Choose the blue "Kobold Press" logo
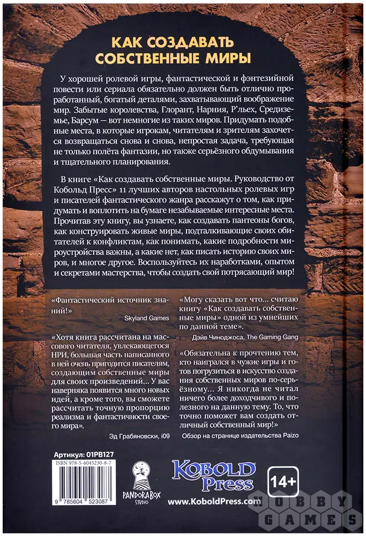pos(213,474)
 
